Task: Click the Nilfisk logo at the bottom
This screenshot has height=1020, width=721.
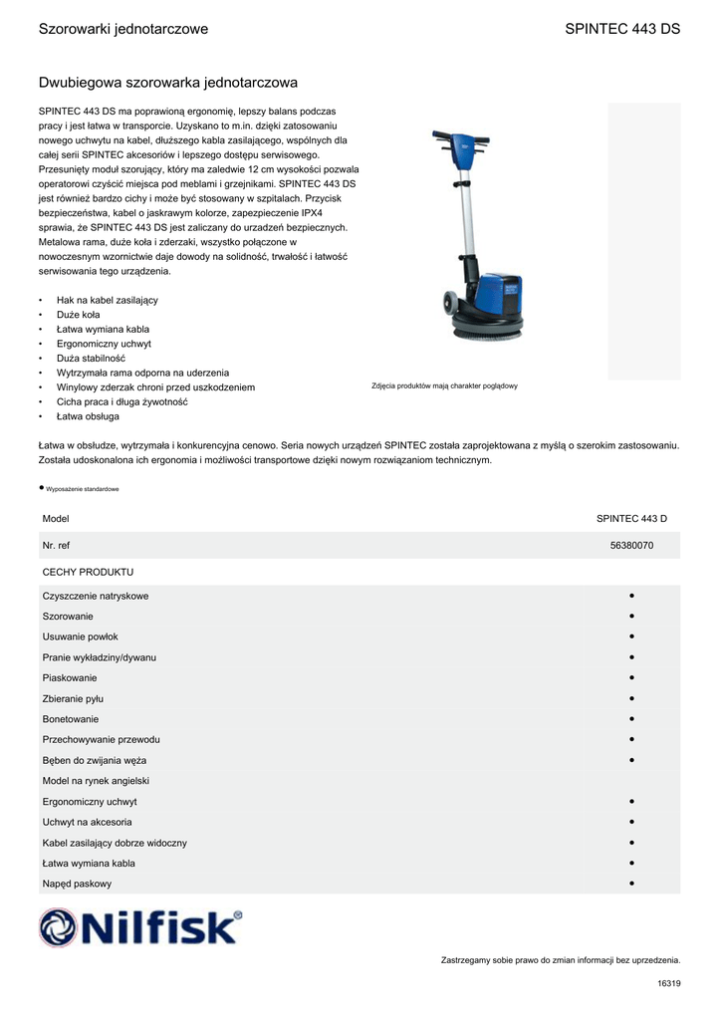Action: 140,927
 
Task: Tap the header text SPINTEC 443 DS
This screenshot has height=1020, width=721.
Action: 622,29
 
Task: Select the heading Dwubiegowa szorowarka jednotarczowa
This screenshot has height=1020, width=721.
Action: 167,82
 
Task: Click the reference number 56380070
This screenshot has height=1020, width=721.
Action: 631,546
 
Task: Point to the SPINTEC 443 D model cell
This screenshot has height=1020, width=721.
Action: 631,519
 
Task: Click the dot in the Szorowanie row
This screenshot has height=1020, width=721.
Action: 632,617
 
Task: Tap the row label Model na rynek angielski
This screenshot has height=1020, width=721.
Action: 96,781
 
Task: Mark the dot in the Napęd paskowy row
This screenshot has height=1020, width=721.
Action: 632,884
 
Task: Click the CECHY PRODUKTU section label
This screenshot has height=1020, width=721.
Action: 88,573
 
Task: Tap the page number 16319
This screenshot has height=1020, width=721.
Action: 668,984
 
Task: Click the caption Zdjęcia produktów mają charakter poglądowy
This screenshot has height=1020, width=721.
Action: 444,386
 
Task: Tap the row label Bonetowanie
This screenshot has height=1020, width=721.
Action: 71,719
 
